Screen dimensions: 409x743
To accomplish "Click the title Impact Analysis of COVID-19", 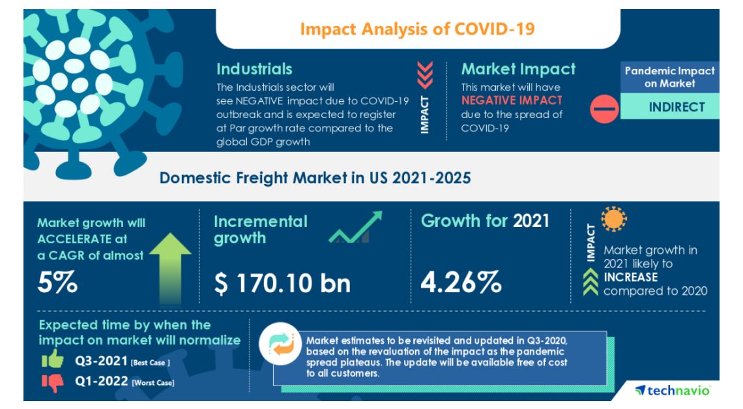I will [x=417, y=29].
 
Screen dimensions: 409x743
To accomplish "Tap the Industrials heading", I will [x=254, y=69].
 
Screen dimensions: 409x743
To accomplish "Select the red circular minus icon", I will [x=604, y=108].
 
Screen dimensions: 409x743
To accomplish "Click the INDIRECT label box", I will [x=669, y=107].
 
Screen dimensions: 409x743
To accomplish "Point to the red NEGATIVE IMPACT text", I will [x=511, y=100].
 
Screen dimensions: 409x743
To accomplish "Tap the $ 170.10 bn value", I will [x=282, y=282].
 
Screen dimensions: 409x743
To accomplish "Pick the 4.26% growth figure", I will [x=461, y=282].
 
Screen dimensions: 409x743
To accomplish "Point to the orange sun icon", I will [x=613, y=220].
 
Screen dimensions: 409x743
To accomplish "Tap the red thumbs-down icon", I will [x=51, y=382].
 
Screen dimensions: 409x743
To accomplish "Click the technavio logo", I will [x=673, y=390].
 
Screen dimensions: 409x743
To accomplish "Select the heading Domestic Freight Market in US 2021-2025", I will [x=315, y=177].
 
